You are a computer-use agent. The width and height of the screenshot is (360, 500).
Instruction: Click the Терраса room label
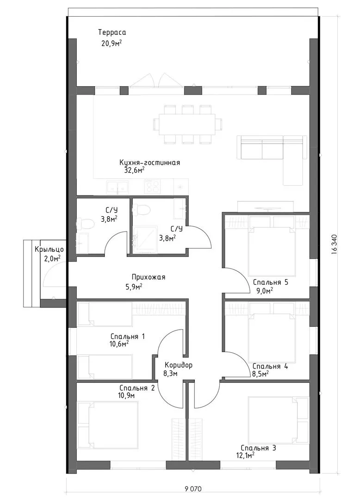(x=112, y=32)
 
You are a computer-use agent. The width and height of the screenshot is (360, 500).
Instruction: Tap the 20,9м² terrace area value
(x=112, y=43)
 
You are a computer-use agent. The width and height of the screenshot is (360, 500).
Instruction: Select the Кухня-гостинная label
(x=150, y=162)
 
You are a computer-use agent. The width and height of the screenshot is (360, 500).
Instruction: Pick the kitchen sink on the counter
(x=118, y=187)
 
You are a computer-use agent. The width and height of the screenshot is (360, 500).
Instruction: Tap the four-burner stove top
(x=153, y=186)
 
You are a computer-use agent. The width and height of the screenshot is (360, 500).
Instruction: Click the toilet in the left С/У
(x=85, y=224)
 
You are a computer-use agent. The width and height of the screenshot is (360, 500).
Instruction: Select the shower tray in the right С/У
(x=145, y=239)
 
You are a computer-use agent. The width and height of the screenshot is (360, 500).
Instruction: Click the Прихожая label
(x=149, y=277)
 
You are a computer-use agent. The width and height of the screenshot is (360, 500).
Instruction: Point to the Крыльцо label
(x=50, y=250)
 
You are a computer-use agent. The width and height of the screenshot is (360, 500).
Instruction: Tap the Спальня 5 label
(x=271, y=282)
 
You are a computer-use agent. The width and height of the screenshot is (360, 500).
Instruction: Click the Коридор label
(x=179, y=365)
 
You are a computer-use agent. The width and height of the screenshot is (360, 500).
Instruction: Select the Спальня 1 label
(x=128, y=337)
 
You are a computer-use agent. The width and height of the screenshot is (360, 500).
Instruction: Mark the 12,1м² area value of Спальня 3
(x=243, y=456)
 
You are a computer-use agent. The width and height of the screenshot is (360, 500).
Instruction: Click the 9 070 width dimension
(x=193, y=489)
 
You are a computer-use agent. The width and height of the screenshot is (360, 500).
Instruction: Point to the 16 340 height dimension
(x=334, y=244)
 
